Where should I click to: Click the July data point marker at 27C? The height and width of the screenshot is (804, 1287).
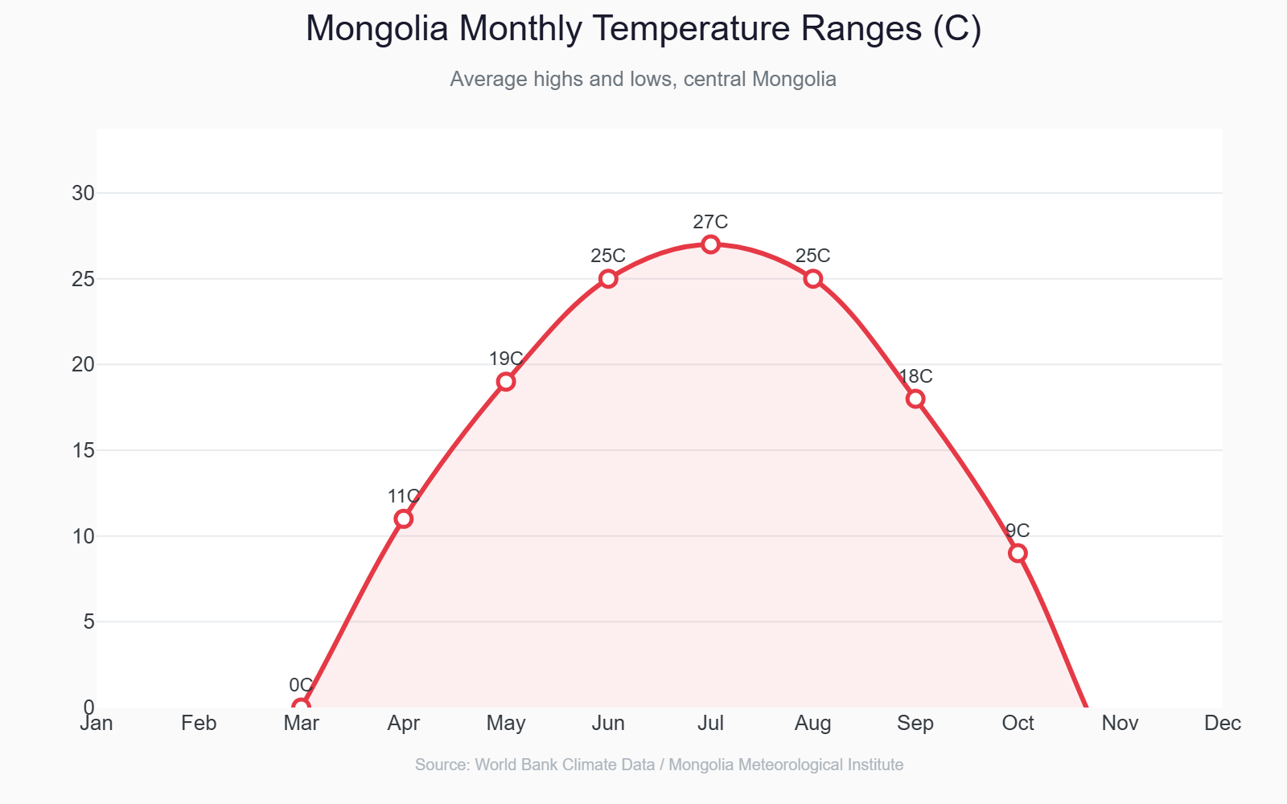(710, 244)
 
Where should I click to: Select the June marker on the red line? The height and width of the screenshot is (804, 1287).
(608, 279)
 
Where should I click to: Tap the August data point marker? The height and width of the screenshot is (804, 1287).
(813, 279)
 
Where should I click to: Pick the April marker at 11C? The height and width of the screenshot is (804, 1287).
(404, 519)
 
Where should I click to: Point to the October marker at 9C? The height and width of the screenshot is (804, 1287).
(1018, 553)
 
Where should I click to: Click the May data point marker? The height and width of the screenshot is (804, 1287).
(506, 382)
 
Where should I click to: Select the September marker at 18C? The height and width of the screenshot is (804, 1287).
(915, 399)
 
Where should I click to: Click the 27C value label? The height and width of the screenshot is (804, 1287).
(710, 222)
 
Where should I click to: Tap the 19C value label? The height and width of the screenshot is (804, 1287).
(506, 359)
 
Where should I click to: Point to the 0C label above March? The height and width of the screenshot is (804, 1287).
(301, 685)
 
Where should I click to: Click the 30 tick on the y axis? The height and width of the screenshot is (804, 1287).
(84, 193)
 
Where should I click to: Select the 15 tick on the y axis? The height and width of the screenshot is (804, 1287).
(84, 450)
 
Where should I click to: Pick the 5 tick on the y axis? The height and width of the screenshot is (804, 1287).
(88, 621)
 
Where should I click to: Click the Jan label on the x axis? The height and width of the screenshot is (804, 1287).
(97, 724)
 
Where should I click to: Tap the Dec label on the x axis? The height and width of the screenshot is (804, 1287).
(1223, 724)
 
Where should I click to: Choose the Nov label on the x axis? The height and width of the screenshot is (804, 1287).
(1120, 724)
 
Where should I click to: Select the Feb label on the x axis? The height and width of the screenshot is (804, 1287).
(199, 724)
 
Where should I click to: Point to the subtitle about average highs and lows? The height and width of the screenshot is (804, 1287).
(643, 80)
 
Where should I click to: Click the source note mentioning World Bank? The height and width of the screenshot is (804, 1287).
(659, 765)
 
